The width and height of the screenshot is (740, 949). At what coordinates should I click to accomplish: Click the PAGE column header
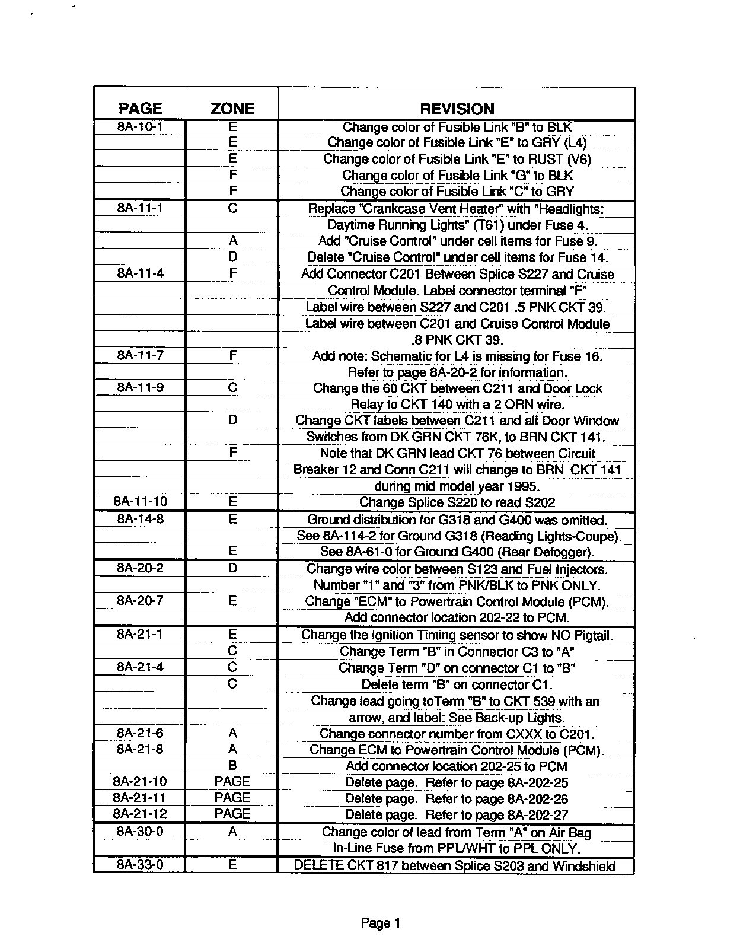[x=140, y=109]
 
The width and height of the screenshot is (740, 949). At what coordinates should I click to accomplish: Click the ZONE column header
[x=232, y=109]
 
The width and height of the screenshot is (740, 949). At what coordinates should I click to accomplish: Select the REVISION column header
[x=457, y=109]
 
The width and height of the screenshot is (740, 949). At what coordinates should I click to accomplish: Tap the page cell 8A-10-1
[x=140, y=126]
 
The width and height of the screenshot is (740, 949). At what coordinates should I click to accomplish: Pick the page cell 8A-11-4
[x=140, y=273]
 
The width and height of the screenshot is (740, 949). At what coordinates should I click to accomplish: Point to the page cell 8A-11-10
[x=140, y=502]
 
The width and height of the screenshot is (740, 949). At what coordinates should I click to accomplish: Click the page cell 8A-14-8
[x=140, y=519]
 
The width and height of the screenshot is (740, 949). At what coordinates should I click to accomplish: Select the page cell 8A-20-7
[x=140, y=601]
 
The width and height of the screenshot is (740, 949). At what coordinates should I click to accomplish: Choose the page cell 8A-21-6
[x=140, y=733]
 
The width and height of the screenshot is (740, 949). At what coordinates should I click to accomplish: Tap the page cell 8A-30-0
[x=140, y=832]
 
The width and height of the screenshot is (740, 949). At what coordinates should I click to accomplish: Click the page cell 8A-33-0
[x=140, y=865]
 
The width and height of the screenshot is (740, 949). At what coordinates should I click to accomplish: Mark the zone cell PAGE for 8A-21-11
[x=232, y=798]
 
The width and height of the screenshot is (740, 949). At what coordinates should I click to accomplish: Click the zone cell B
[x=232, y=766]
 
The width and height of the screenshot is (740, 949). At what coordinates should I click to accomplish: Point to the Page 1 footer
[x=381, y=923]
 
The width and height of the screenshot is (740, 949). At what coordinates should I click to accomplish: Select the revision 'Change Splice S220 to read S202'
[x=457, y=502]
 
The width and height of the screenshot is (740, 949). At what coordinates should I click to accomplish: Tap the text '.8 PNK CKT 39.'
[x=457, y=340]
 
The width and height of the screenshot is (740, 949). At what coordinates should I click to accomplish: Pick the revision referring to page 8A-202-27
[x=457, y=814]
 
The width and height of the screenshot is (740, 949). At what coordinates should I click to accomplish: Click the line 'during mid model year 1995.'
[x=457, y=486]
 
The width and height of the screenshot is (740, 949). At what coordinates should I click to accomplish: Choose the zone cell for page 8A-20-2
[x=232, y=568]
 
